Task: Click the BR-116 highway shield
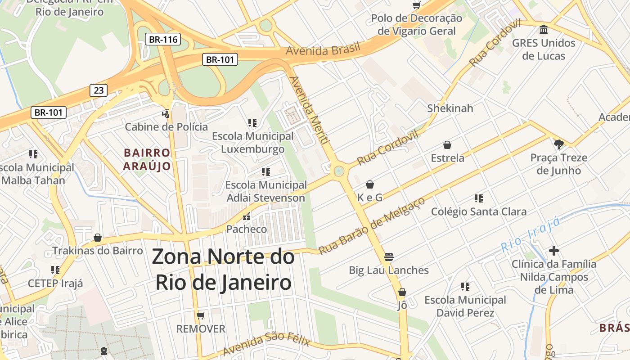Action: click(163, 40)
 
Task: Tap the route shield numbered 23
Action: click(99, 90)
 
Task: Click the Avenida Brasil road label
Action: click(323, 49)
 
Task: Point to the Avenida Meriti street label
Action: click(308, 110)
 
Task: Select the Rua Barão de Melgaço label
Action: click(372, 225)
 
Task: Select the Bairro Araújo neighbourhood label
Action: click(147, 160)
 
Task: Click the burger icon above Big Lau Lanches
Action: click(389, 257)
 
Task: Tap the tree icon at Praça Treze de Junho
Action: click(559, 144)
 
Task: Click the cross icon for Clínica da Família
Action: click(554, 251)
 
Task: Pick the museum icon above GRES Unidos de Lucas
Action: click(544, 30)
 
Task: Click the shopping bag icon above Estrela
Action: click(447, 145)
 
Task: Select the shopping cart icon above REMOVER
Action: click(201, 315)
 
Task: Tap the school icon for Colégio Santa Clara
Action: click(479, 198)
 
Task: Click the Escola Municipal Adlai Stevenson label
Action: click(266, 191)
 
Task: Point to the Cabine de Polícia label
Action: click(166, 127)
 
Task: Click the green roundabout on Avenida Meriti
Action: click(339, 171)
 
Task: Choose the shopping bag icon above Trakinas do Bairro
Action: click(98, 238)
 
